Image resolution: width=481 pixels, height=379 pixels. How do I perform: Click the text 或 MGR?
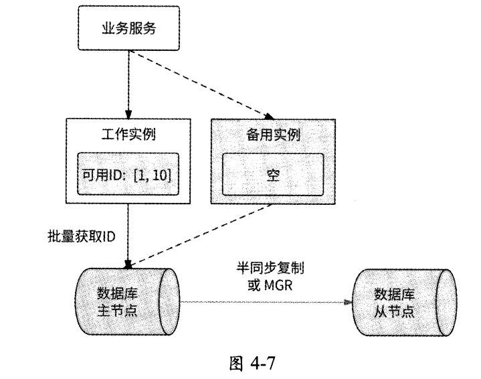[266, 284]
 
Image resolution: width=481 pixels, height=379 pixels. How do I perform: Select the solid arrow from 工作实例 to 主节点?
[127, 234]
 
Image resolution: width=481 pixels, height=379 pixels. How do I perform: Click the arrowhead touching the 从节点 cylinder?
[349, 302]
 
